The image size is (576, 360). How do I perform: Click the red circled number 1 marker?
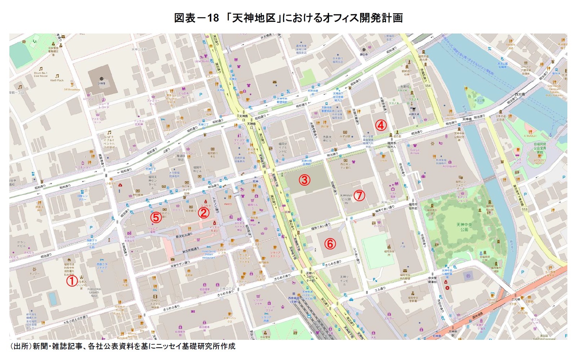[x=72, y=281]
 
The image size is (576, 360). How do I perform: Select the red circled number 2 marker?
[x=204, y=213]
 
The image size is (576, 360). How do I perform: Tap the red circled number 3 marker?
[x=304, y=179]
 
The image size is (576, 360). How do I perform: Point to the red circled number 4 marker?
[x=381, y=125]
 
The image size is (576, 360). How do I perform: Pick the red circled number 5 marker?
[x=156, y=217]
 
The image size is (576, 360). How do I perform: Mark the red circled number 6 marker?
[x=330, y=244]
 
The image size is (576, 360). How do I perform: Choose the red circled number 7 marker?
[x=359, y=195]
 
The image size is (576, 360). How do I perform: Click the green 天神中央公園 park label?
[x=464, y=227]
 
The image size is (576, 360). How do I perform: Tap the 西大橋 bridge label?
[x=519, y=94]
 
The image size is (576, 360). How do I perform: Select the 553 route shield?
[x=524, y=209]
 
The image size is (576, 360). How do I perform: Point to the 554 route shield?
[x=428, y=86]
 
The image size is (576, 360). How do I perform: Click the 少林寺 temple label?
[x=101, y=83]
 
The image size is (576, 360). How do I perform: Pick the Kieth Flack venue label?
[x=57, y=80]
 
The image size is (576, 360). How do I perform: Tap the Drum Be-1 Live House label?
[x=41, y=75]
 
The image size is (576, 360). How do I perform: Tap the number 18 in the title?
[x=213, y=18]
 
